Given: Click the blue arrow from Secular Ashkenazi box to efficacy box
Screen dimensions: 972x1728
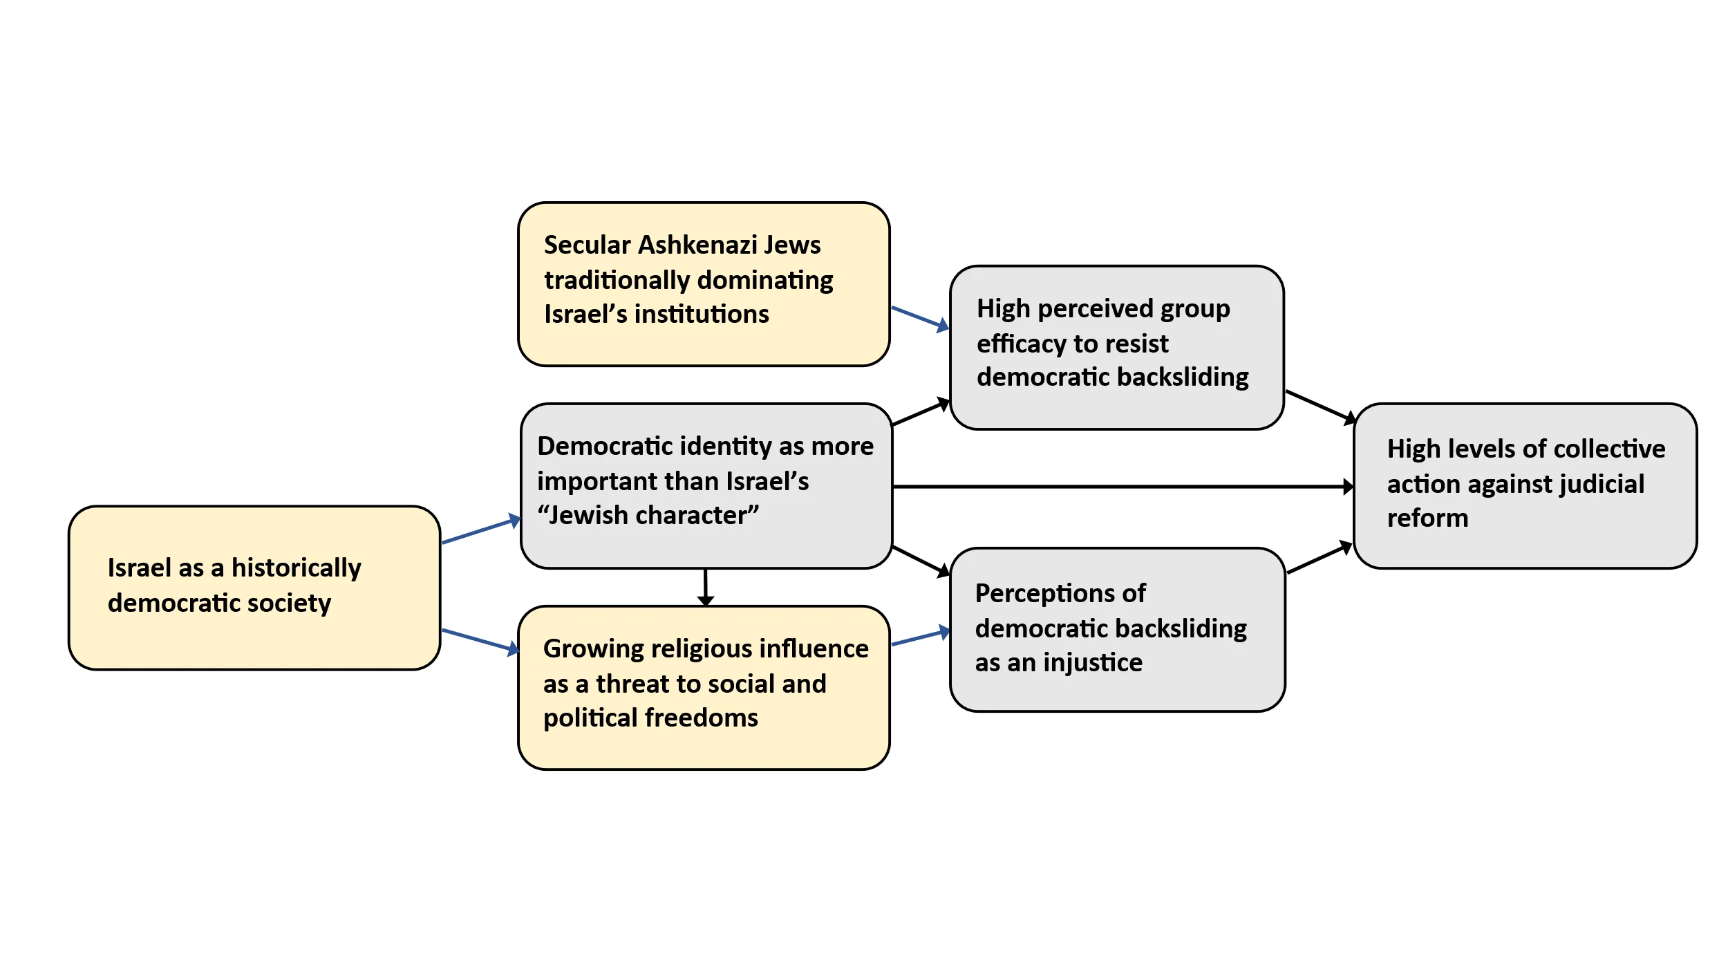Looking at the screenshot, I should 919,317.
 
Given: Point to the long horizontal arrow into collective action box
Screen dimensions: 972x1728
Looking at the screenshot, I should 1120,487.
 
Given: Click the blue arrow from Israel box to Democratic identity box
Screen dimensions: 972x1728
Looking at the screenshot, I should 480,531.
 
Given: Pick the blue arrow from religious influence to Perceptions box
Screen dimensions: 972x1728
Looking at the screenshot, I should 920,637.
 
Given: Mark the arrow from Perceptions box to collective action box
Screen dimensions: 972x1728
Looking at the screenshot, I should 1319,559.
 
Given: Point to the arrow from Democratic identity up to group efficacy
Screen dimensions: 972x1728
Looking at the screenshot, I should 920,413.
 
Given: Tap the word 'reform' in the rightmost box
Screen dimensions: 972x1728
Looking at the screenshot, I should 1427,518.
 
